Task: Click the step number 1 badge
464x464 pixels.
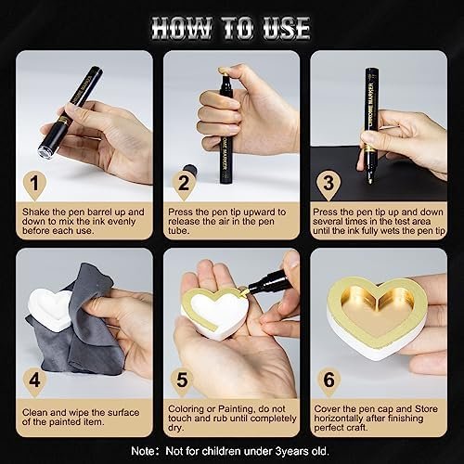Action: tap(34, 185)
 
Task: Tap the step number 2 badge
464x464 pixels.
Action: tap(184, 185)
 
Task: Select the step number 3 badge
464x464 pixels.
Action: tap(329, 185)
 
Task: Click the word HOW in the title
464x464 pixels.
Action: tap(182, 29)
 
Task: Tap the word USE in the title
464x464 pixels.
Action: tap(287, 29)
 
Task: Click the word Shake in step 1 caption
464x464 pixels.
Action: tap(35, 212)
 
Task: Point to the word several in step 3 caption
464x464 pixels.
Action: tap(328, 222)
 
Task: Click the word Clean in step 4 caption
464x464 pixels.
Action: tap(34, 413)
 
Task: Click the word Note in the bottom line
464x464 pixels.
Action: tap(143, 451)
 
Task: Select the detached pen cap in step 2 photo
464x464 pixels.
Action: tap(189, 170)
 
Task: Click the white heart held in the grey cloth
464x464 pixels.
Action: tap(49, 309)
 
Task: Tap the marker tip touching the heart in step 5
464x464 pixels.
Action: tap(244, 290)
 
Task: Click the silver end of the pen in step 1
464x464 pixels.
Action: tap(45, 152)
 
